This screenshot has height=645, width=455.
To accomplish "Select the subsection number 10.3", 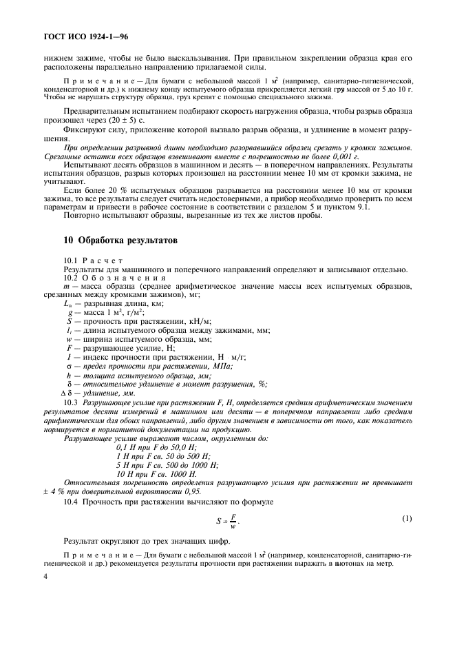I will (x=72, y=401).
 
